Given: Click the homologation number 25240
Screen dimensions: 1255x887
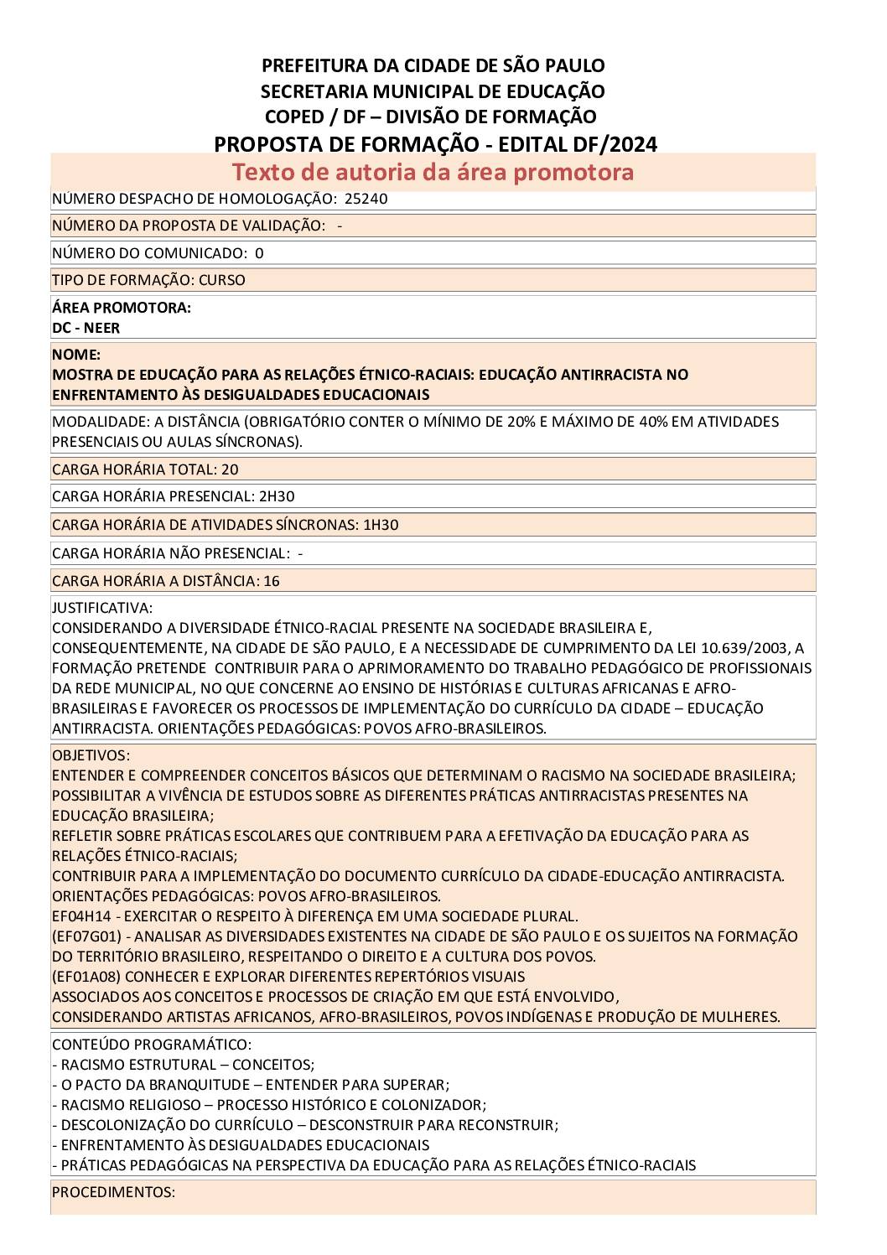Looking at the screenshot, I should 366,199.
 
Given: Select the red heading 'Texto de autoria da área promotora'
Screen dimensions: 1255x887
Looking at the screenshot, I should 433,172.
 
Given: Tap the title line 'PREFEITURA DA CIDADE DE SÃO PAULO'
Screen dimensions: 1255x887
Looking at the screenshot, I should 433,65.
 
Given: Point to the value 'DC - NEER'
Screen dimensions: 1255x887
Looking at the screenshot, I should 86,328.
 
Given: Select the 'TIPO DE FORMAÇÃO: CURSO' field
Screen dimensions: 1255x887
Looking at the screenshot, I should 148,280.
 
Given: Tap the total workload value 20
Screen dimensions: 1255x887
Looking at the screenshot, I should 230,469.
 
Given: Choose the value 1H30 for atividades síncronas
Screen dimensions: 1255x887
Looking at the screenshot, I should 381,525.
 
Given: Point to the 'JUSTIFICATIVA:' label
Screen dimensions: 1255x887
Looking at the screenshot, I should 102,608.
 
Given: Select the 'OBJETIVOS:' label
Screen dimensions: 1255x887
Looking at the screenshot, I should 91,755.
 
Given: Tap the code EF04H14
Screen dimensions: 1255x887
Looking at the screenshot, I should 81,916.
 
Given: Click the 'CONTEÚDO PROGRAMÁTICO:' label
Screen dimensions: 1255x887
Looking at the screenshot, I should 151,1045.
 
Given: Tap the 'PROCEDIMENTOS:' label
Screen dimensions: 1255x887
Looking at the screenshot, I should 113,1192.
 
